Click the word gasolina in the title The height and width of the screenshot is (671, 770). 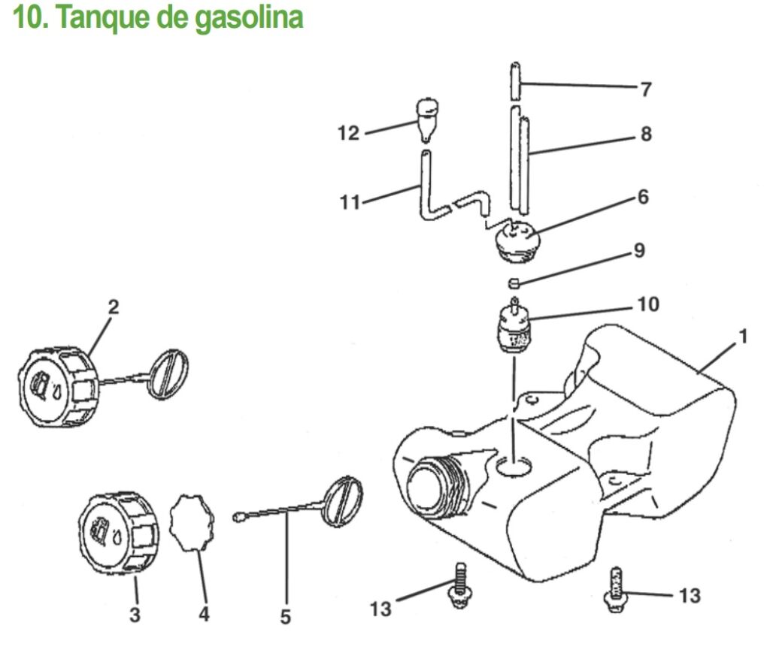[x=248, y=19]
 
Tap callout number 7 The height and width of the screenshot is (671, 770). [x=646, y=89]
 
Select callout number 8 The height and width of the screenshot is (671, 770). [x=646, y=134]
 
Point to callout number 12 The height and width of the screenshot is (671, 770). [x=349, y=133]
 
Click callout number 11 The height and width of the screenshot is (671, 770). [x=350, y=201]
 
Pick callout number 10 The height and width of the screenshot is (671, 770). [x=648, y=304]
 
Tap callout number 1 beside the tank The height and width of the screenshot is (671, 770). [x=744, y=337]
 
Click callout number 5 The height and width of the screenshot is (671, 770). [x=285, y=616]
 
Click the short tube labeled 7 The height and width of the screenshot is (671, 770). [x=515, y=81]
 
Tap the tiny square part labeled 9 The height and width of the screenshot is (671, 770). [x=514, y=283]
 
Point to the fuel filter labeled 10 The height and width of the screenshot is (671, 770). [x=514, y=326]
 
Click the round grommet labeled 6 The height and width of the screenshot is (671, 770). [x=517, y=240]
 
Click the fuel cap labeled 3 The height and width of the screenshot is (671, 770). [x=118, y=532]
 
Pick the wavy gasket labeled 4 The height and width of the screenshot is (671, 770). [x=192, y=523]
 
